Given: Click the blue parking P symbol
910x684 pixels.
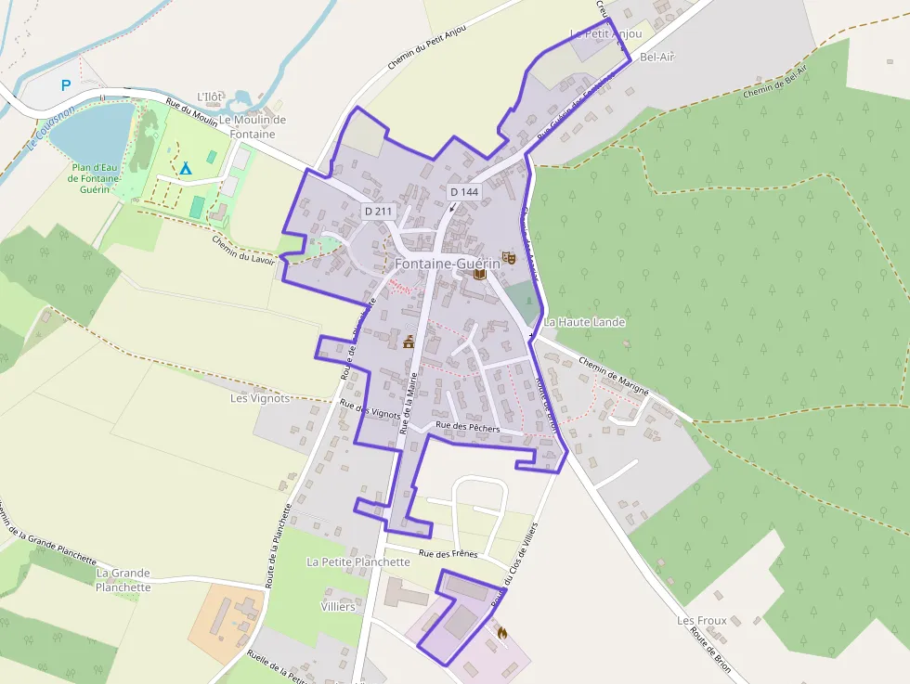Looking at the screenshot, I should (x=66, y=85).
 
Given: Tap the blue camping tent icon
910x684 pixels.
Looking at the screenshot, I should (x=185, y=168).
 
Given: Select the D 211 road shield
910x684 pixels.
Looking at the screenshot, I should (x=379, y=212).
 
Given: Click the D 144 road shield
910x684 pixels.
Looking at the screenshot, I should (x=463, y=191).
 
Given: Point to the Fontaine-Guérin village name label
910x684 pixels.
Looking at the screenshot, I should (x=448, y=264).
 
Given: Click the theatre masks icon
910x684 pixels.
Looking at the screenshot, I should (x=508, y=256).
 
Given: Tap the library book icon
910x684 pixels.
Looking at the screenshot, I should (x=479, y=275).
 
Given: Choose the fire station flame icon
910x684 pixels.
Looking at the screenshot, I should (x=503, y=633).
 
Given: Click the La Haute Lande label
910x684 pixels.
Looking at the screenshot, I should (x=585, y=322).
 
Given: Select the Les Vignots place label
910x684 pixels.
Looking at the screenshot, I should (x=260, y=398).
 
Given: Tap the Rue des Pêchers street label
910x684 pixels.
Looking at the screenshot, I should (x=467, y=428).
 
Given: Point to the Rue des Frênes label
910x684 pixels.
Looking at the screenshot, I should (x=448, y=553).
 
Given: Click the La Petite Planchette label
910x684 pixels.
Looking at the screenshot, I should (x=357, y=562).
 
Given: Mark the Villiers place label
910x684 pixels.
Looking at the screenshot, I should (x=337, y=607).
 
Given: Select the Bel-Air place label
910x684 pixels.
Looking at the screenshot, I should (x=657, y=58).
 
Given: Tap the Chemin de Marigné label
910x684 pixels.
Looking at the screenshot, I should (x=613, y=375).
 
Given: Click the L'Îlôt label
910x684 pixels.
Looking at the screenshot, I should (x=212, y=97).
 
